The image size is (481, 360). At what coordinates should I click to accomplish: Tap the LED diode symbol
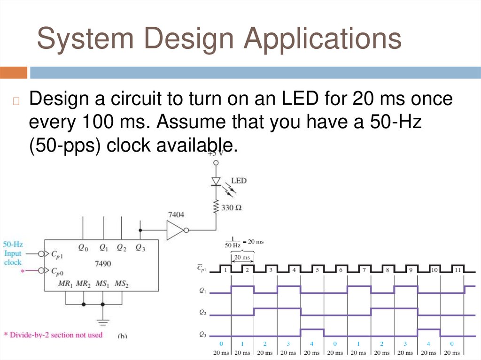click(216, 181)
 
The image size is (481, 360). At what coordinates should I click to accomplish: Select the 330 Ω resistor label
click(232, 207)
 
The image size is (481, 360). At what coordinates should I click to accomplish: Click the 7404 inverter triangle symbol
click(176, 230)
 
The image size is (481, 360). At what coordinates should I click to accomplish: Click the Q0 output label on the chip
click(83, 247)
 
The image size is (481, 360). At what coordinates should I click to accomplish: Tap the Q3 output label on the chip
click(140, 247)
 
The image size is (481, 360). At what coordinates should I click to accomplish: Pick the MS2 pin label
click(122, 283)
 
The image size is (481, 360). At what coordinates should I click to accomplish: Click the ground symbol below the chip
click(103, 322)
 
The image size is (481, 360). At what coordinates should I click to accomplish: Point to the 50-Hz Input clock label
click(13, 253)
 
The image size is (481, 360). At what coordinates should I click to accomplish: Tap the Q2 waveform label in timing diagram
click(202, 312)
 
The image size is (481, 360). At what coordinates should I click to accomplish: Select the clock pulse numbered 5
click(318, 270)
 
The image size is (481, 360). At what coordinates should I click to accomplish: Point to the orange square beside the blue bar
click(14, 73)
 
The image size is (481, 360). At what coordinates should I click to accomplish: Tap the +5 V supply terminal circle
click(216, 162)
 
